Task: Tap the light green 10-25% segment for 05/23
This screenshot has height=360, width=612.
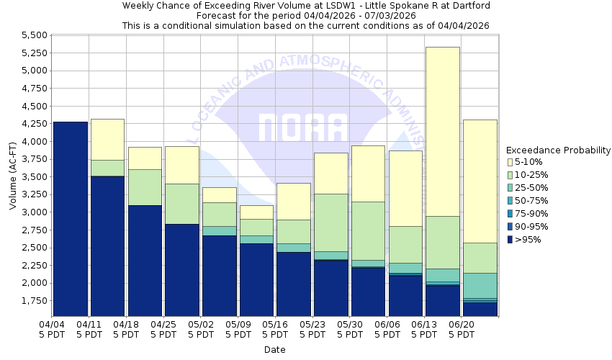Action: point(330,222)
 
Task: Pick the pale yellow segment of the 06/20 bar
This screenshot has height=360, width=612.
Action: point(480,181)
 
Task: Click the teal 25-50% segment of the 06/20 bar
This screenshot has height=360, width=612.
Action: point(480,285)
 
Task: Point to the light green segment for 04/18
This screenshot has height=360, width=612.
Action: point(145,187)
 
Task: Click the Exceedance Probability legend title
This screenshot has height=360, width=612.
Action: point(558,150)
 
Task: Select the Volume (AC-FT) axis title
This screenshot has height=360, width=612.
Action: point(12,176)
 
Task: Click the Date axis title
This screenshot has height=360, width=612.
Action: point(274,350)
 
